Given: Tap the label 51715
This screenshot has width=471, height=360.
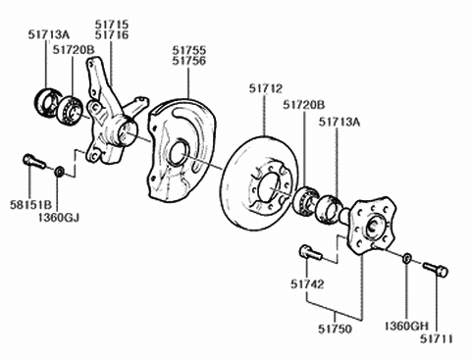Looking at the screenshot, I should tap(112, 23).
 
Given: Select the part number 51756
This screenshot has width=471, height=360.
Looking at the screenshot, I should tap(189, 60).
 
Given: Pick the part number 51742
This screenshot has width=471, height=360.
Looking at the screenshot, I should tap(307, 283).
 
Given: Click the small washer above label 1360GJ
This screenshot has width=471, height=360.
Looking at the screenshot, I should tap(61, 172).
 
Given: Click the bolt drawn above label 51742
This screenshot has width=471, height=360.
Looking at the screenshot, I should tap(307, 252).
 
